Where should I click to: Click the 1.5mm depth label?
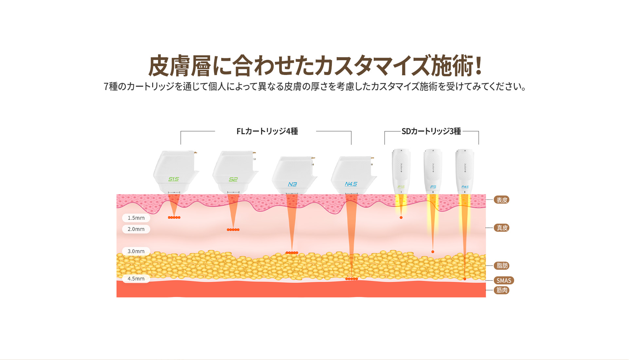click(x=136, y=218)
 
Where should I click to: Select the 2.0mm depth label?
click(x=136, y=229)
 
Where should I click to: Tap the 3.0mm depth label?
click(x=136, y=251)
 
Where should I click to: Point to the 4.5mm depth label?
click(x=136, y=279)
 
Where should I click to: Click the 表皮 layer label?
click(x=502, y=200)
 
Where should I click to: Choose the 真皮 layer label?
click(x=502, y=228)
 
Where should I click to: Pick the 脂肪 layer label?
click(x=502, y=266)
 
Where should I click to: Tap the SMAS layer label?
click(x=504, y=280)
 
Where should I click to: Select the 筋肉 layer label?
click(x=502, y=290)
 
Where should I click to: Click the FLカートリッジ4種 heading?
click(x=267, y=131)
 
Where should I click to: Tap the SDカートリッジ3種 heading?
click(x=431, y=131)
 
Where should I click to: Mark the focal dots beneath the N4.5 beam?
click(x=351, y=279)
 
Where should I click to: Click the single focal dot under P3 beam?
click(x=433, y=252)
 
